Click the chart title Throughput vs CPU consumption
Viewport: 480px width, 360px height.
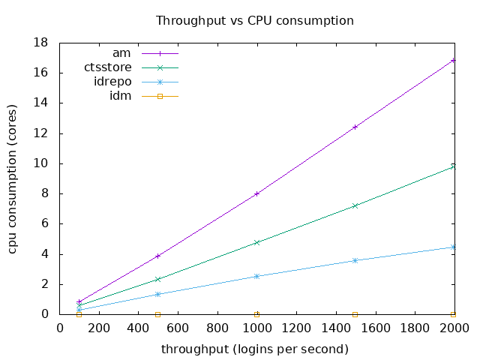[x=254, y=20]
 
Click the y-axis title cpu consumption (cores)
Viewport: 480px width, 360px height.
[x=13, y=178]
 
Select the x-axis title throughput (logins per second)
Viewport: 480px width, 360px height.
[x=254, y=349]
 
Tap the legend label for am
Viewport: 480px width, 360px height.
[x=121, y=53]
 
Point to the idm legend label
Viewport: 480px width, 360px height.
[x=120, y=95]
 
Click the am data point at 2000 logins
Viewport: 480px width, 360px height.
[x=453, y=60]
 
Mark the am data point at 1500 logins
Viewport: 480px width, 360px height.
[x=355, y=127]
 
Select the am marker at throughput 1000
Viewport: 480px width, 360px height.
[x=256, y=193]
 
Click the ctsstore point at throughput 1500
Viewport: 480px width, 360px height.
[x=355, y=205]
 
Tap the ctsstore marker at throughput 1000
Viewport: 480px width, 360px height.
[x=256, y=242]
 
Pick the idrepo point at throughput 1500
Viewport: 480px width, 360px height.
[x=355, y=260]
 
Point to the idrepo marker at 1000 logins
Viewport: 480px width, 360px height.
[x=256, y=276]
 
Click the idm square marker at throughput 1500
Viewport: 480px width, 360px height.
[x=355, y=314]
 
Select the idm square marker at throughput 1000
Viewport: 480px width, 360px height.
[x=256, y=314]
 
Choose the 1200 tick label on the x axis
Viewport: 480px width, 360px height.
[x=295, y=327]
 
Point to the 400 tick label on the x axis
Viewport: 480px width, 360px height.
[x=139, y=327]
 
